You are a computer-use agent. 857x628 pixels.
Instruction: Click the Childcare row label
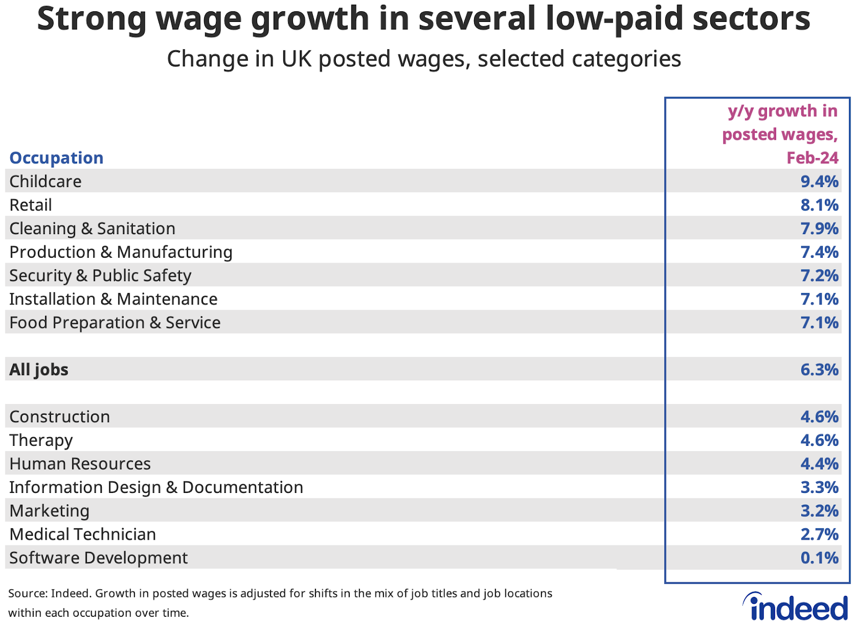(x=46, y=181)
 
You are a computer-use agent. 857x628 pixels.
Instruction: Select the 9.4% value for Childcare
(x=819, y=181)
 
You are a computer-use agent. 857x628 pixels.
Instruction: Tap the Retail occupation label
(x=31, y=205)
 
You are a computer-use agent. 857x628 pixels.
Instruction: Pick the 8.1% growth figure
(x=819, y=205)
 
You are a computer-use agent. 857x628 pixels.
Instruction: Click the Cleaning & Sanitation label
(x=92, y=228)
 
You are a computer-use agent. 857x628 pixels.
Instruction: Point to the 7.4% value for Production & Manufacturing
(x=819, y=252)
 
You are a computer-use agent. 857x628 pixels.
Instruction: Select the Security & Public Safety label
(x=100, y=275)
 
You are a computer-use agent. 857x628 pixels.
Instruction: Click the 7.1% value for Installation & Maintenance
(x=819, y=299)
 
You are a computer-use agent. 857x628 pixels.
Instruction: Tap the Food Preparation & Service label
(x=115, y=323)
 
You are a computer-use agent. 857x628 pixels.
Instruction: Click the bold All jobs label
(x=39, y=370)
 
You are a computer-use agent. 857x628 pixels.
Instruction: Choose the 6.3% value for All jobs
(x=819, y=370)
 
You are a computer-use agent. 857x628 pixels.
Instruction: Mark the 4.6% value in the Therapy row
(x=819, y=440)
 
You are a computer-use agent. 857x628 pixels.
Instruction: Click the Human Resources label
(x=80, y=463)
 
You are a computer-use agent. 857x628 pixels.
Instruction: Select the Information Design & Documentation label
(x=156, y=487)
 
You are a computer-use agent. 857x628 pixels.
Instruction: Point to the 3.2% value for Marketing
(x=819, y=511)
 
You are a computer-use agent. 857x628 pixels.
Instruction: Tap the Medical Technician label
(x=82, y=534)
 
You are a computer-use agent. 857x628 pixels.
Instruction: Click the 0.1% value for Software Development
(x=819, y=558)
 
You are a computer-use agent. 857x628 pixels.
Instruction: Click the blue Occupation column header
(x=56, y=158)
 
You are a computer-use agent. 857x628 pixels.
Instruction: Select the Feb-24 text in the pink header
(x=812, y=158)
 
